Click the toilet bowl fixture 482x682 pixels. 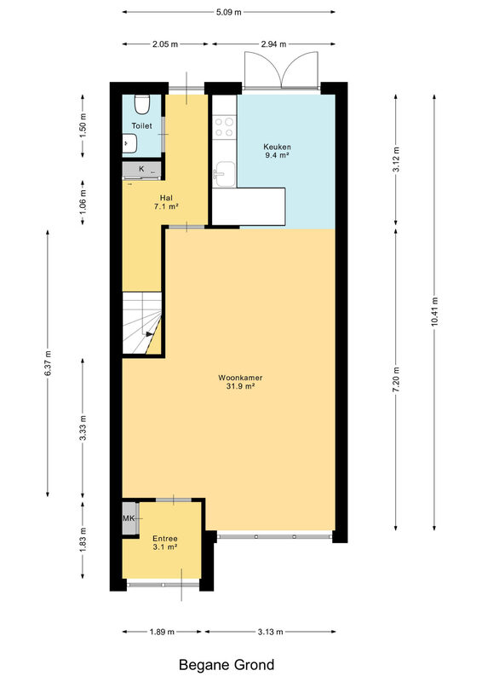[x=141, y=103]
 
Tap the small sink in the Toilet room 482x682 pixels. [x=129, y=143]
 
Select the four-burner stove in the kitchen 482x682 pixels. [x=224, y=127]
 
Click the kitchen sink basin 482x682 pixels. [x=225, y=174]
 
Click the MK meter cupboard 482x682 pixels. [x=129, y=518]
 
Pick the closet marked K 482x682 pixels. [x=141, y=169]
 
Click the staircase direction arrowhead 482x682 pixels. [x=150, y=334]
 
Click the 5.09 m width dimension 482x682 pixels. [x=228, y=12]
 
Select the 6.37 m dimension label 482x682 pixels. [x=48, y=364]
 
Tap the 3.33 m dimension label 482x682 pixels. [x=83, y=428]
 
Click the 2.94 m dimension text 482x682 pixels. [x=274, y=44]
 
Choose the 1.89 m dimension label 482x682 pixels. [x=162, y=632]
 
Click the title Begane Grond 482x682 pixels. [x=227, y=665]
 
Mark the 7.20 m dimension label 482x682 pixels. [x=396, y=380]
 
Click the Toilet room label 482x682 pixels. [x=141, y=125]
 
